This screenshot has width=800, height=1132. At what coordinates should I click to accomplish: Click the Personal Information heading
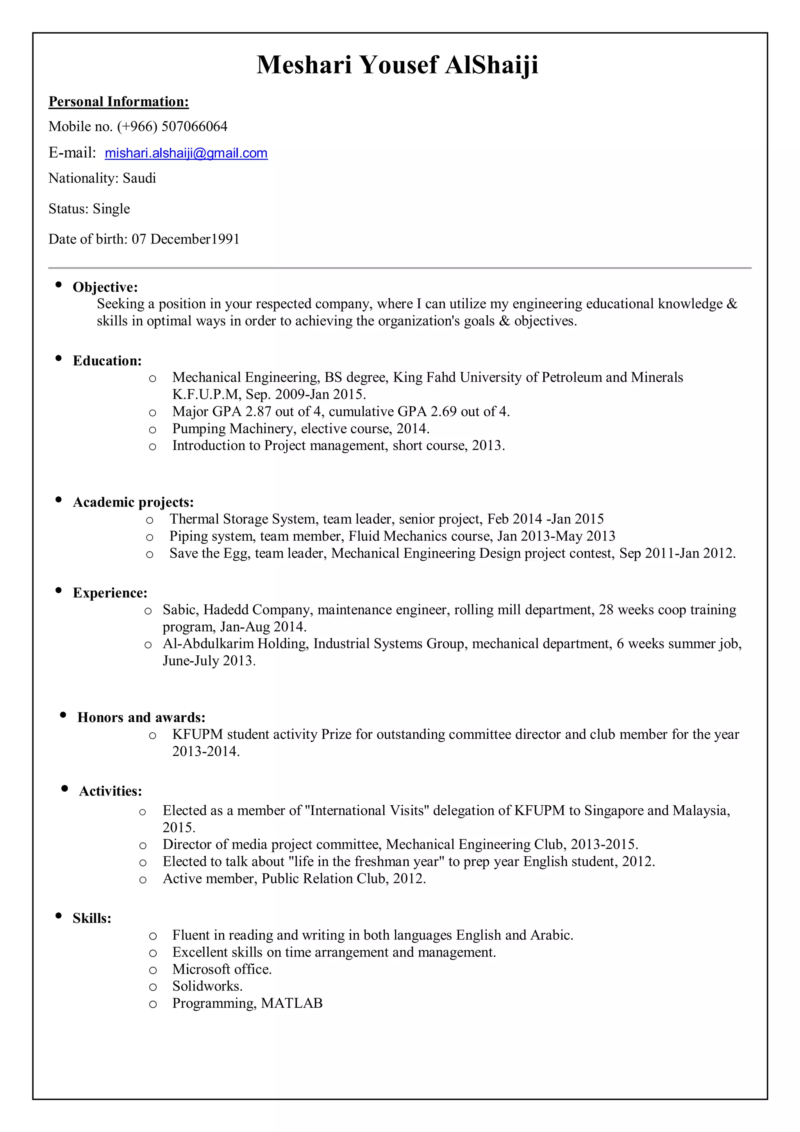118,102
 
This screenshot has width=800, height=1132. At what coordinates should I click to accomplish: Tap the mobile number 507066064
194,127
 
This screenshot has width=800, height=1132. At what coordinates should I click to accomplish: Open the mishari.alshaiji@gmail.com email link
186,153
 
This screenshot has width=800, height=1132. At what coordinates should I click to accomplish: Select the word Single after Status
111,209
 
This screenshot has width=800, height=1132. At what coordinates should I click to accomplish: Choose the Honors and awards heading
141,717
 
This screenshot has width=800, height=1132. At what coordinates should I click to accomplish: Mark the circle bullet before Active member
143,880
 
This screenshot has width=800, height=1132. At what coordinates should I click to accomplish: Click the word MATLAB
292,1003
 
